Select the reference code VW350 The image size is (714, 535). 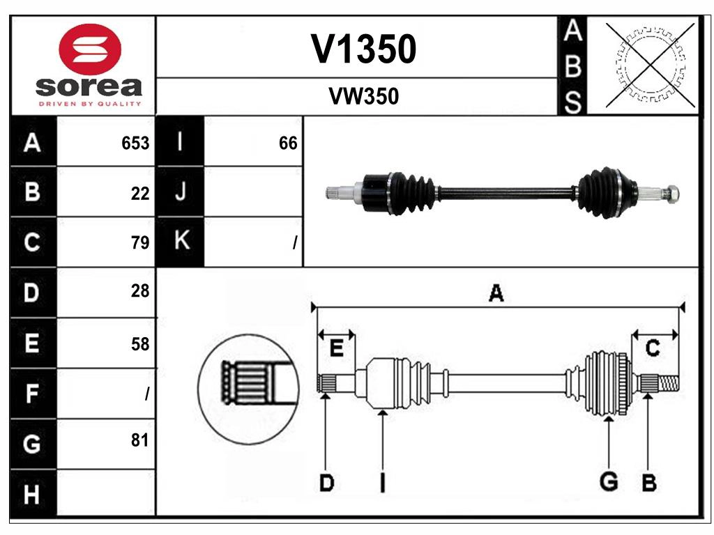[363, 97]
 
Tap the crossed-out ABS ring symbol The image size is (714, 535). [651, 65]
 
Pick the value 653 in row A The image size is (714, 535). [135, 143]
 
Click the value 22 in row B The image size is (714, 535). [140, 194]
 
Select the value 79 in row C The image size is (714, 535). [140, 242]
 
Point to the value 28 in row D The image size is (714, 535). [140, 291]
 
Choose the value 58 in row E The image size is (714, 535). [140, 343]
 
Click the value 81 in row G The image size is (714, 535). [140, 440]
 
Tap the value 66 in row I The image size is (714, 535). [288, 143]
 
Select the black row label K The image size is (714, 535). [181, 241]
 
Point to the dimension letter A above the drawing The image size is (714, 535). [496, 293]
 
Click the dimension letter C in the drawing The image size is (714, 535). [653, 348]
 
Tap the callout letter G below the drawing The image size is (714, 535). [609, 481]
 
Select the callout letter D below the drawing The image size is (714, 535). [326, 482]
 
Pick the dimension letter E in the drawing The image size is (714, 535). [336, 348]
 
